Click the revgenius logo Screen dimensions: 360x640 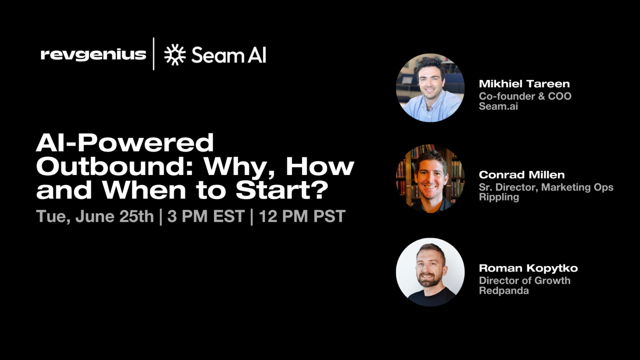93,55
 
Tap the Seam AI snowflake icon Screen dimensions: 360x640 175,55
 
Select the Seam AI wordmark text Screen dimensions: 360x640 229,55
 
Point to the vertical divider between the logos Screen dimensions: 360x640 154,54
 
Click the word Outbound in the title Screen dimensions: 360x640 115,167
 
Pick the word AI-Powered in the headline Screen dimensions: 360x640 125,143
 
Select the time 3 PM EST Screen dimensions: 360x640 206,216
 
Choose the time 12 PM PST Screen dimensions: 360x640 302,216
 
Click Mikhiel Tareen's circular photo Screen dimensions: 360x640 430,88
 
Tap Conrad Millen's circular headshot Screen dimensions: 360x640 430,179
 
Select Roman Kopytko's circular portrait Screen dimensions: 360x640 430,272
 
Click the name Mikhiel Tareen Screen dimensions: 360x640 524,84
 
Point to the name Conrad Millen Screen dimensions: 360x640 522,175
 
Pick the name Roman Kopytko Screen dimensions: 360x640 528,268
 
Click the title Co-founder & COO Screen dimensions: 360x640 525,96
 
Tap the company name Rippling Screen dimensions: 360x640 499,197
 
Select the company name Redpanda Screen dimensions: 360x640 504,291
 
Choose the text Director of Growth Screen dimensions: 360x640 524,280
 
